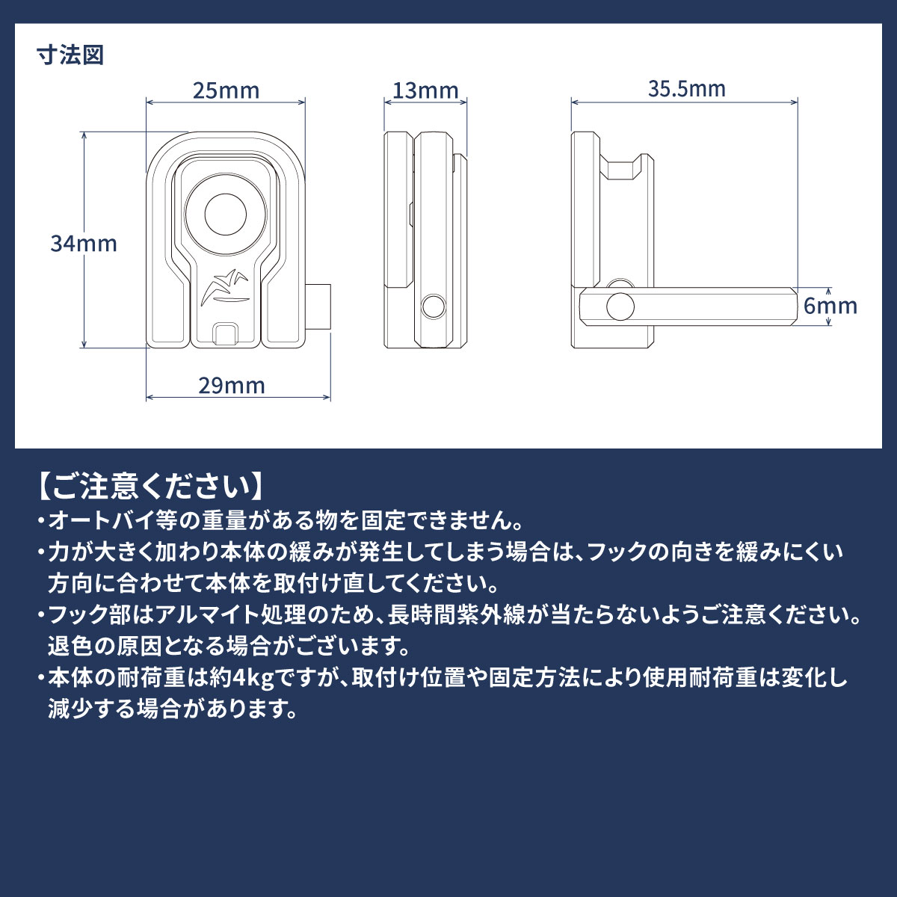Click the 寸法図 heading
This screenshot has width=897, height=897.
(x=70, y=55)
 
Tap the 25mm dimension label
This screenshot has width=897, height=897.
(x=226, y=90)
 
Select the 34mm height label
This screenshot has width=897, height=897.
(x=84, y=244)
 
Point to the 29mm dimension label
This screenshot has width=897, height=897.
(x=232, y=386)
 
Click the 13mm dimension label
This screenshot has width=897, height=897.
(x=425, y=90)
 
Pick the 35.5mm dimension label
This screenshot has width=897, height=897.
(x=687, y=89)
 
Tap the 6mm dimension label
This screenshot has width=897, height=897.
(x=830, y=306)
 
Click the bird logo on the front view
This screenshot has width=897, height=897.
(x=226, y=288)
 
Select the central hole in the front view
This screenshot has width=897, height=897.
(x=226, y=214)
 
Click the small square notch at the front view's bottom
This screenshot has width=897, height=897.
(x=226, y=333)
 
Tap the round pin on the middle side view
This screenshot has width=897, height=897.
(x=434, y=307)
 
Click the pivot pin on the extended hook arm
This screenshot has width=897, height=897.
(x=620, y=306)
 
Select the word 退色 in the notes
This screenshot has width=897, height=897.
(x=70, y=647)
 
